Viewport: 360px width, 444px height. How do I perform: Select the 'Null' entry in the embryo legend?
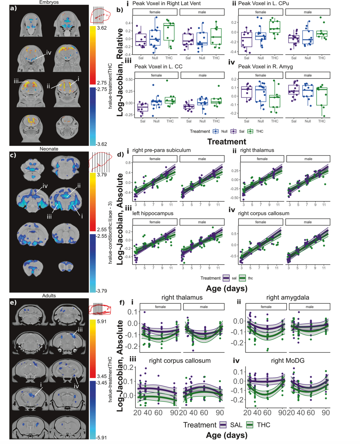[224, 131]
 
